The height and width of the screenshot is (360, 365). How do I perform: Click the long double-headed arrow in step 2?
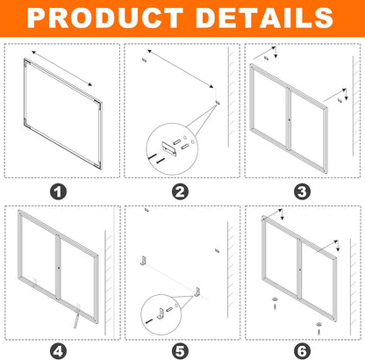[182, 79]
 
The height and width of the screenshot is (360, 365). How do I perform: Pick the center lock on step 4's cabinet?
[57, 267]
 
